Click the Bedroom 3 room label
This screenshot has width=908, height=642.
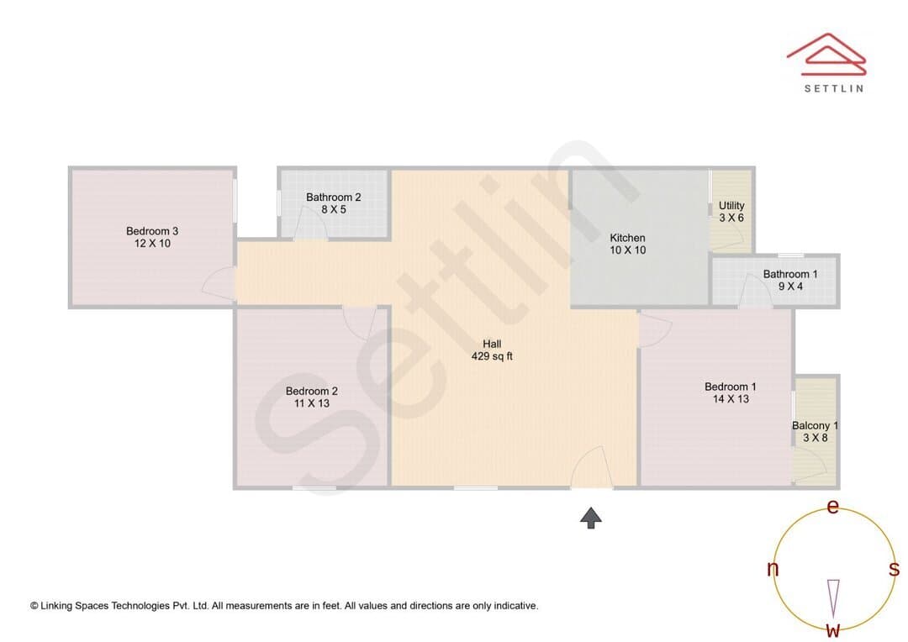coord(152,237)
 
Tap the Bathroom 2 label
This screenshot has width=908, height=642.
coord(334,203)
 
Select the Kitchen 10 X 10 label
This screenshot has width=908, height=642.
coord(628,244)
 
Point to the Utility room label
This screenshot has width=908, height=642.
coord(731,211)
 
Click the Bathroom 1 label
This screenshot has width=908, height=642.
coord(790,280)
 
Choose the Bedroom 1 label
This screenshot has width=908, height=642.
coord(731,392)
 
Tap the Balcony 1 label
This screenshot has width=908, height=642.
coord(816,431)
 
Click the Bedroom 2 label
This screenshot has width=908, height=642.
coord(312,397)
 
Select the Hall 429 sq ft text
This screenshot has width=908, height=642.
coord(492,350)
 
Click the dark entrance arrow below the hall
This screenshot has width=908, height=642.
coord(591,518)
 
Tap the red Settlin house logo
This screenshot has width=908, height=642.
coord(826,55)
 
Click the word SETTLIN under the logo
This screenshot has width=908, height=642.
coord(834,88)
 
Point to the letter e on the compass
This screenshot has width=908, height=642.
coord(832,507)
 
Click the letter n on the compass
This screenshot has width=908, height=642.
coord(773,569)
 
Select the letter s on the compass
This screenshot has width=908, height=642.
coord(894,569)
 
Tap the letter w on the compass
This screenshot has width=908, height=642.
coord(833,629)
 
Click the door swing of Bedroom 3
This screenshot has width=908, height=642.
coord(219,284)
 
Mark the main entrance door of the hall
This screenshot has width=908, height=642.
coord(592,467)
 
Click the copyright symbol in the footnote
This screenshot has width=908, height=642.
coord(34,606)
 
